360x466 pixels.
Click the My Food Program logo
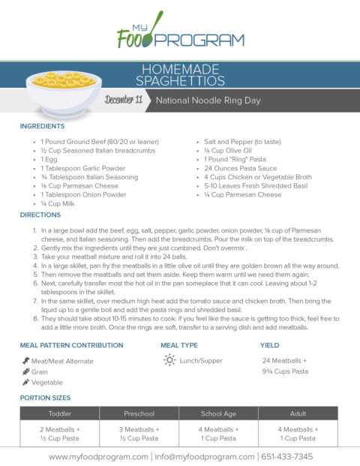[180, 32]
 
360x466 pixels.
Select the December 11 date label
[124, 100]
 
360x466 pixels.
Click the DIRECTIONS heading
[40, 215]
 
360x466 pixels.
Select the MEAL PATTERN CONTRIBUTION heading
[71, 346]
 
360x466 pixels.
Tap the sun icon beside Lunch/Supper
[170, 360]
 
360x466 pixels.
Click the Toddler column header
[60, 413]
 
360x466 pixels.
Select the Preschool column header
[139, 413]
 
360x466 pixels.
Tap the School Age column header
[219, 413]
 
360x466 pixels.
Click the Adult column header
[298, 413]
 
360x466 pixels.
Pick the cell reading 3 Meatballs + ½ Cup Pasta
[139, 434]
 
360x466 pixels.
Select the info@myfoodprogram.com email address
[203, 456]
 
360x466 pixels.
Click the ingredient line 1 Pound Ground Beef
[94, 141]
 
